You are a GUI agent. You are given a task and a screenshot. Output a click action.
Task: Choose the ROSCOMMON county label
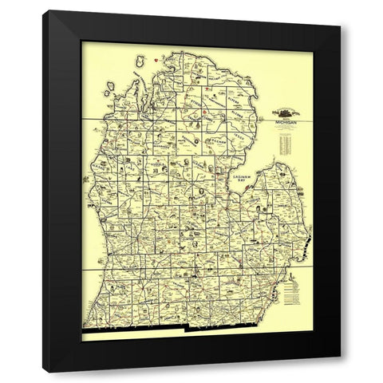184,144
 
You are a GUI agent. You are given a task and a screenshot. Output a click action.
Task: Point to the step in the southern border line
186,328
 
